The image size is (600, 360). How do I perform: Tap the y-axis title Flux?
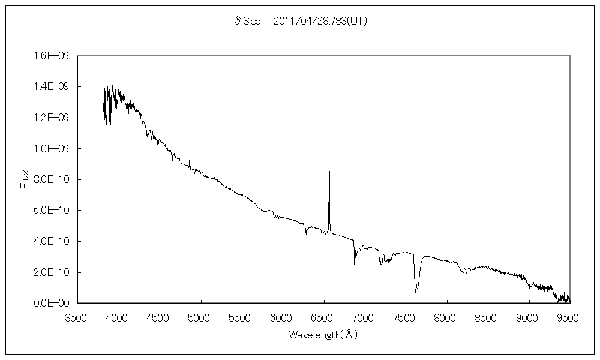click(x=25, y=179)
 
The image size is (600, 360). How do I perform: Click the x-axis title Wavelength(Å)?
click(x=323, y=334)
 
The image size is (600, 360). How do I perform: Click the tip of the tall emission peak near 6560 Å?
click(x=329, y=170)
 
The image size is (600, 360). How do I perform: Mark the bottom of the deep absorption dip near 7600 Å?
click(x=416, y=292)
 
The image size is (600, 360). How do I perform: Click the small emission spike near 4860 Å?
click(x=190, y=154)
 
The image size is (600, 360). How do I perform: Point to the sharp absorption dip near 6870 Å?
click(x=355, y=268)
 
